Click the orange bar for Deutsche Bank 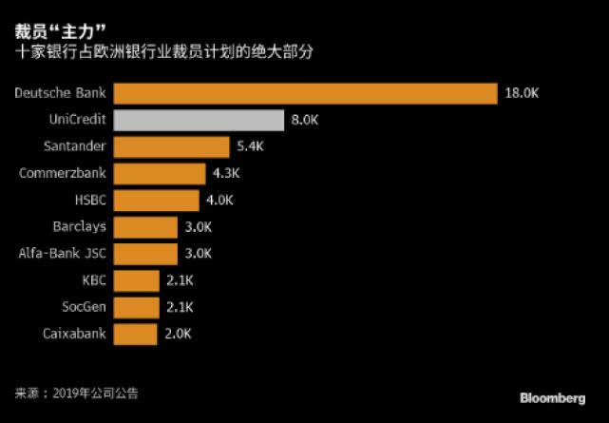pyautogui.click(x=305, y=93)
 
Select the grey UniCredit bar pyautogui.click(x=199, y=121)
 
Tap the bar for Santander pyautogui.click(x=171, y=147)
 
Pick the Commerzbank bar pyautogui.click(x=160, y=174)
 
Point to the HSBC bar pyautogui.click(x=157, y=201)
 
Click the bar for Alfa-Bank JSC pyautogui.click(x=145, y=254)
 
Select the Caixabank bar pyautogui.click(x=135, y=334)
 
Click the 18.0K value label pyautogui.click(x=523, y=94)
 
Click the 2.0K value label pyautogui.click(x=178, y=334)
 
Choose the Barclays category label pyautogui.click(x=80, y=227)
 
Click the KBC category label pyautogui.click(x=94, y=280)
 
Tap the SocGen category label pyautogui.click(x=83, y=307)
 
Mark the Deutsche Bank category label pyautogui.click(x=61, y=93)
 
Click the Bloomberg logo pyautogui.click(x=552, y=395)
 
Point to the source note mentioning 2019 pyautogui.click(x=83, y=393)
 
